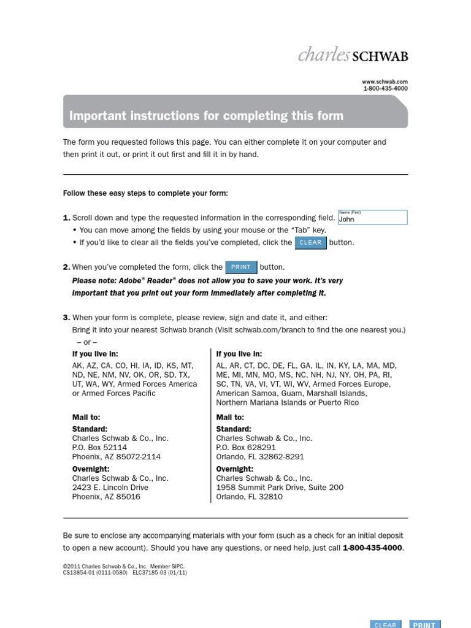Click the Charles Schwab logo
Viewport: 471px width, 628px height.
pyautogui.click(x=353, y=55)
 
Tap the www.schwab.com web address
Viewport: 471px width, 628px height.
pyautogui.click(x=385, y=81)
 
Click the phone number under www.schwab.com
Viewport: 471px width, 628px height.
pyautogui.click(x=385, y=88)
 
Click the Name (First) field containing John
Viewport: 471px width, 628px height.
pyautogui.click(x=372, y=218)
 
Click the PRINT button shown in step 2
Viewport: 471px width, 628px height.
pyautogui.click(x=241, y=267)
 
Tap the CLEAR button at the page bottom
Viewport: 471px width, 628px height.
pyautogui.click(x=385, y=624)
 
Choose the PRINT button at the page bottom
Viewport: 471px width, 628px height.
pyautogui.click(x=424, y=624)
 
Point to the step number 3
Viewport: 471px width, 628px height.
pyautogui.click(x=66, y=318)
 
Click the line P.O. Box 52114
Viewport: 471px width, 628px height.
pyautogui.click(x=100, y=448)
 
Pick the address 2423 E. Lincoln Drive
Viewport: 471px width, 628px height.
pyautogui.click(x=110, y=488)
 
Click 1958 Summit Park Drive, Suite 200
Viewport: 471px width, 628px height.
pyautogui.click(x=280, y=488)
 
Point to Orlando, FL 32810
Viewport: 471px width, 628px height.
pyautogui.click(x=249, y=497)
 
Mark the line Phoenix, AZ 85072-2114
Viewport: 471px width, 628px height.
pyautogui.click(x=117, y=457)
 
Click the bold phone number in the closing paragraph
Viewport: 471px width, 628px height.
pyautogui.click(x=373, y=548)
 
